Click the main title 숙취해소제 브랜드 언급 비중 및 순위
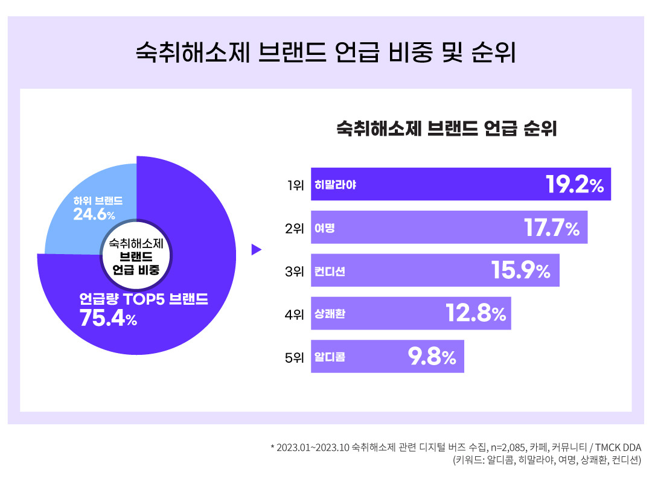click(325, 53)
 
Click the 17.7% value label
click(551, 228)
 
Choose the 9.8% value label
click(432, 357)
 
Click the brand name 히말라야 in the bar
click(335, 185)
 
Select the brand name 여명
click(324, 228)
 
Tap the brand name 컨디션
click(330, 271)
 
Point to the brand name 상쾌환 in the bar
click(330, 314)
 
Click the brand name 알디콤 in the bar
click(330, 357)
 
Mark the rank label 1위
click(295, 185)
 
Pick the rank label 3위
click(295, 271)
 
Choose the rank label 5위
click(295, 357)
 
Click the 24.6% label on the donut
click(94, 214)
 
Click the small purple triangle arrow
click(256, 249)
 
